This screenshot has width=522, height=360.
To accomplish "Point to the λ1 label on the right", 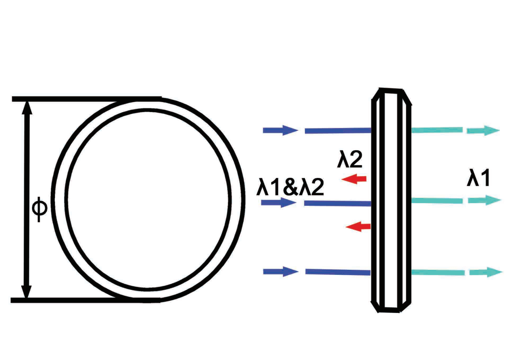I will (478, 178).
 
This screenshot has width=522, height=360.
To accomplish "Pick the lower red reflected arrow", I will (358, 227).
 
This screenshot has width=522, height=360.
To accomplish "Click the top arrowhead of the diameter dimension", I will (26, 108).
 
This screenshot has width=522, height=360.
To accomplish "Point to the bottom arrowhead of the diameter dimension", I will (26, 291).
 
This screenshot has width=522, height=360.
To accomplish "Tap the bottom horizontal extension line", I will (85, 300).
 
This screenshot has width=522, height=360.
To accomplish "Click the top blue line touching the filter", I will (338, 131).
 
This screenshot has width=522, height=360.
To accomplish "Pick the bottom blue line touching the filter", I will (338, 272).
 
